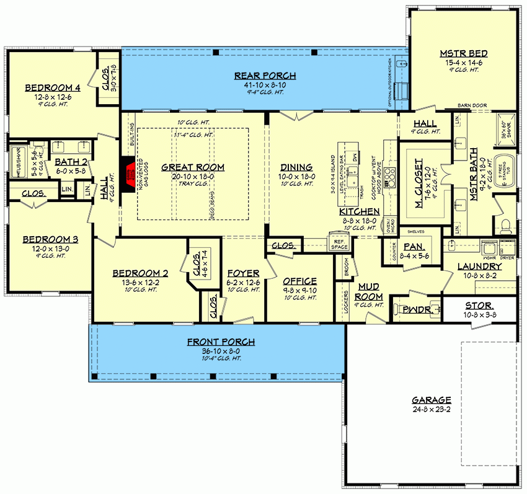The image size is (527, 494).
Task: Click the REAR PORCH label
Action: (x=265, y=76)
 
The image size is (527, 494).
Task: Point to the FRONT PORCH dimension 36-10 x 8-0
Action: (x=221, y=351)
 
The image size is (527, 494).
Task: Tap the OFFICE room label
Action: (x=299, y=281)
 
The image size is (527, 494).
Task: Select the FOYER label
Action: (x=239, y=273)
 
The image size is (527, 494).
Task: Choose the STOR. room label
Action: (x=479, y=306)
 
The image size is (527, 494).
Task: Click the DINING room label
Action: (x=296, y=167)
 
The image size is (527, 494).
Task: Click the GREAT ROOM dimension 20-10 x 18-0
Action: (x=192, y=176)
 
